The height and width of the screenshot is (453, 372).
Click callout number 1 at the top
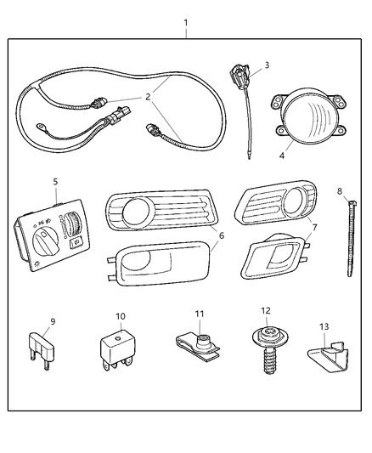point(186,22)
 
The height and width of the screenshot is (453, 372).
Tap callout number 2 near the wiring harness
point(148,97)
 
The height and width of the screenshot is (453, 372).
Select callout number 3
point(266,65)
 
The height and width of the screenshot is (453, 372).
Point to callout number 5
point(55,181)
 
